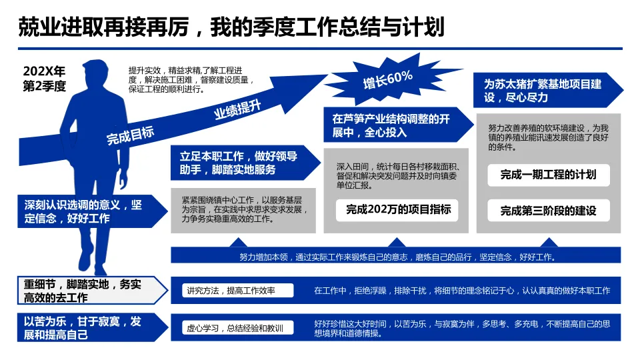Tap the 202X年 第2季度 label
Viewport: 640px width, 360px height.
pyautogui.click(x=45, y=79)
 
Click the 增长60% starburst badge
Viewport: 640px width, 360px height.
pyautogui.click(x=387, y=79)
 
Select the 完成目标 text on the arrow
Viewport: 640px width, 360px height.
pyautogui.click(x=130, y=135)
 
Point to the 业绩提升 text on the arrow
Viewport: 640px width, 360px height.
pyautogui.click(x=237, y=108)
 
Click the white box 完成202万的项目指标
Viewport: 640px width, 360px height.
pyautogui.click(x=398, y=209)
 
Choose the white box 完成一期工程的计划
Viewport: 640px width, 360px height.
pyautogui.click(x=548, y=175)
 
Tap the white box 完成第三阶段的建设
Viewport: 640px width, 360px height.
pyautogui.click(x=548, y=211)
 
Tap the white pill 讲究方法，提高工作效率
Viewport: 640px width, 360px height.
pyautogui.click(x=230, y=291)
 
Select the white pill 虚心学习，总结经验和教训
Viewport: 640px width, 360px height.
pyautogui.click(x=235, y=328)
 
